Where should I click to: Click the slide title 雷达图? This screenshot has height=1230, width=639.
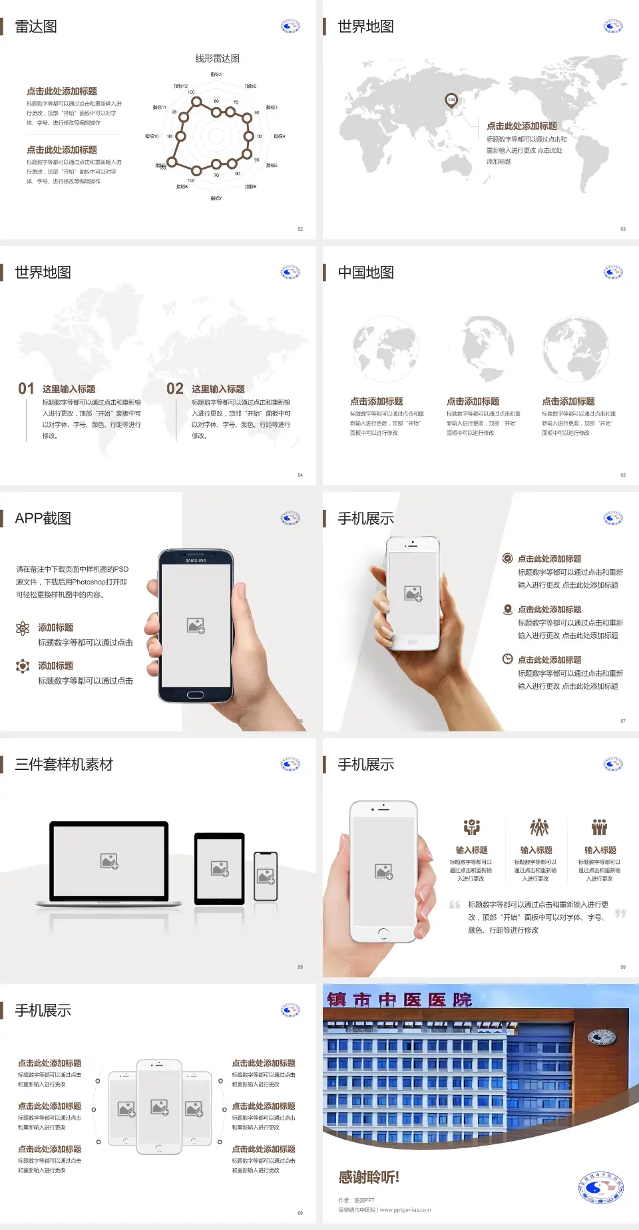point(36,27)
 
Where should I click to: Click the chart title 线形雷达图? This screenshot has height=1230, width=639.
point(217,59)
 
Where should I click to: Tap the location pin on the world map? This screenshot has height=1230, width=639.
point(451,100)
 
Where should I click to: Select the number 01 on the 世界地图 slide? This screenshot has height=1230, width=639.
point(26,389)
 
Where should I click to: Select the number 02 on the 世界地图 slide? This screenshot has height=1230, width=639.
point(175,389)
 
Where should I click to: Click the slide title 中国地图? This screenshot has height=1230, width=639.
point(365,273)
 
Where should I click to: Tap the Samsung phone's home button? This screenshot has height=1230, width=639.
point(195,695)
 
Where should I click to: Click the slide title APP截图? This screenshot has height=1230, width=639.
point(43,519)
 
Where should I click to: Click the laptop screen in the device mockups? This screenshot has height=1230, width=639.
point(110,860)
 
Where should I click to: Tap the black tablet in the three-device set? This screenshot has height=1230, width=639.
point(220,868)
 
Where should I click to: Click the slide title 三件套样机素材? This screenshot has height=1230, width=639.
point(64,765)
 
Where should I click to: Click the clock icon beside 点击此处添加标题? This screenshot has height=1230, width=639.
point(507,659)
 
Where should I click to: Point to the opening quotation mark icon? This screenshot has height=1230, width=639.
point(455,905)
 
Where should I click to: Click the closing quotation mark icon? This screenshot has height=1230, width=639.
point(620,914)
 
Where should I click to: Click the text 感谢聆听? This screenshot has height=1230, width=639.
point(369,1177)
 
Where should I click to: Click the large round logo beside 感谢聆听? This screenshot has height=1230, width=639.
point(601,1188)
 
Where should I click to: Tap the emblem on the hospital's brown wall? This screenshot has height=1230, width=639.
point(601,1037)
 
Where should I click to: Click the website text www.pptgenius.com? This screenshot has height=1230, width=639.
point(405,1210)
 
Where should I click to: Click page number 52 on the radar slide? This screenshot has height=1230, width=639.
point(300,229)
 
